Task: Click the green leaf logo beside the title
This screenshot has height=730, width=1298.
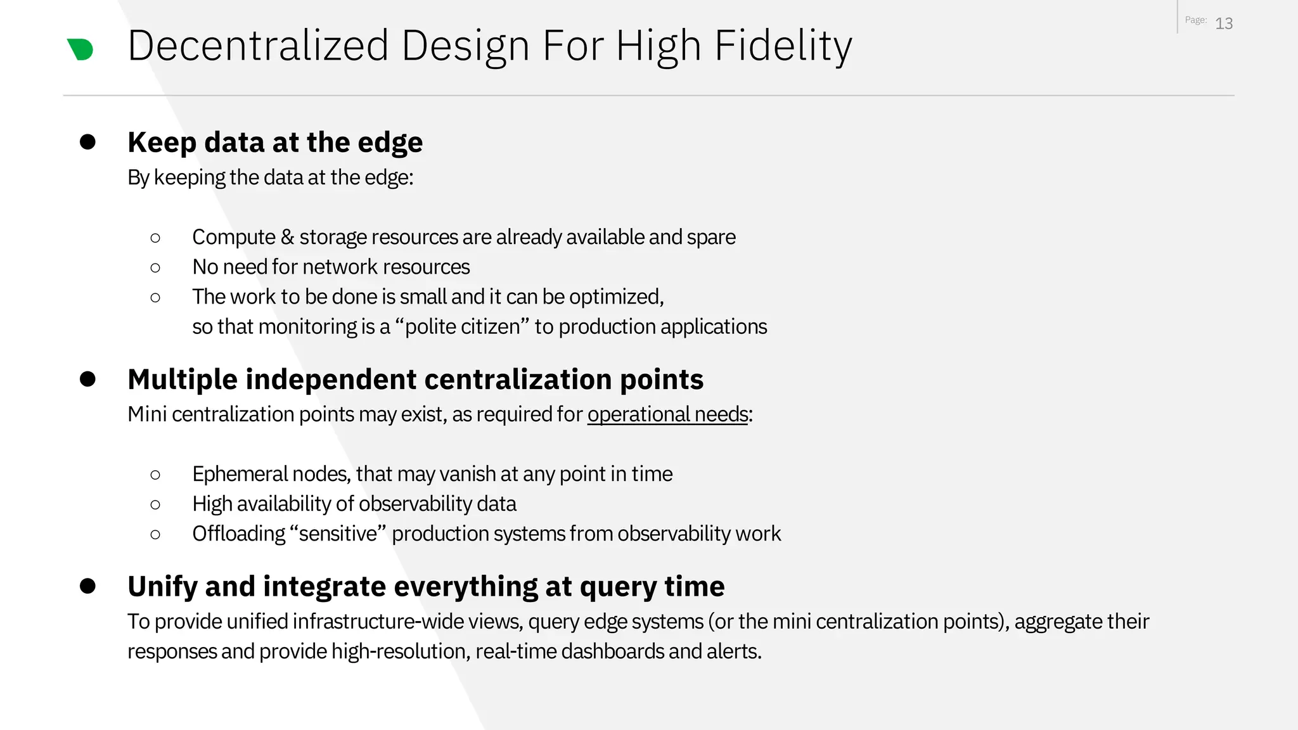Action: pyautogui.click(x=80, y=49)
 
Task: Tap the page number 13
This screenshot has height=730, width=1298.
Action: pyautogui.click(x=1224, y=23)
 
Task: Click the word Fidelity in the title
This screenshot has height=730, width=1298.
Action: pyautogui.click(x=783, y=46)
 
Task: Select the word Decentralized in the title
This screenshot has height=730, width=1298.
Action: pyautogui.click(x=258, y=46)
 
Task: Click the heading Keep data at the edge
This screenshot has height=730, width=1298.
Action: pyautogui.click(x=275, y=142)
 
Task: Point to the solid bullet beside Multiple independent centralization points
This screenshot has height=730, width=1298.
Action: pyautogui.click(x=87, y=379)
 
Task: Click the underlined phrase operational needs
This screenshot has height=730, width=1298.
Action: pyautogui.click(x=667, y=414)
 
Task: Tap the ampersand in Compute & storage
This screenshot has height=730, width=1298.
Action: pyautogui.click(x=287, y=237)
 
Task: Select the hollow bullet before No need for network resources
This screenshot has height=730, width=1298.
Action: pyautogui.click(x=155, y=267)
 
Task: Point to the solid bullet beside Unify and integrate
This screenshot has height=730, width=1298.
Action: pyautogui.click(x=87, y=586)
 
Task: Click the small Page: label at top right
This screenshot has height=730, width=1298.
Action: pyautogui.click(x=1195, y=20)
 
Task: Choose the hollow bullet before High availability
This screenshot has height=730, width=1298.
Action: pyautogui.click(x=155, y=504)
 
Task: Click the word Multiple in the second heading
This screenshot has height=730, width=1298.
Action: pyautogui.click(x=182, y=379)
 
